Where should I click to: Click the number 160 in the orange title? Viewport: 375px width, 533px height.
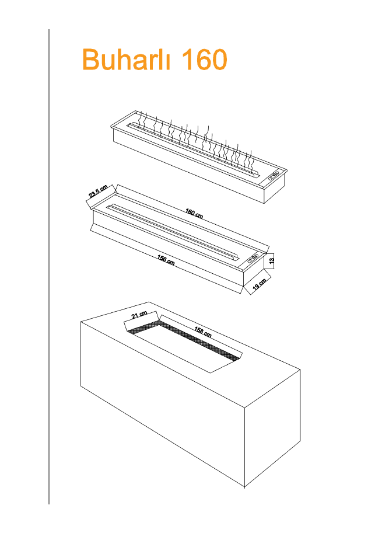(x=204, y=59)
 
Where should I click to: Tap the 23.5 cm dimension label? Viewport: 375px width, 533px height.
(x=98, y=191)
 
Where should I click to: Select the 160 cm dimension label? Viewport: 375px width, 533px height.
(x=194, y=214)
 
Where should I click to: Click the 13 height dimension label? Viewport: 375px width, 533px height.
(x=271, y=261)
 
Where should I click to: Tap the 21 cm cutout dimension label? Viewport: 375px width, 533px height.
(x=139, y=315)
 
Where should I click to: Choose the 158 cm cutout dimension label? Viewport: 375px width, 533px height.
(x=203, y=332)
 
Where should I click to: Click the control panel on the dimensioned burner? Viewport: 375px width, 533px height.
(x=253, y=257)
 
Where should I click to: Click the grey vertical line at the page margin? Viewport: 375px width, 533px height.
(x=49, y=266)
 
